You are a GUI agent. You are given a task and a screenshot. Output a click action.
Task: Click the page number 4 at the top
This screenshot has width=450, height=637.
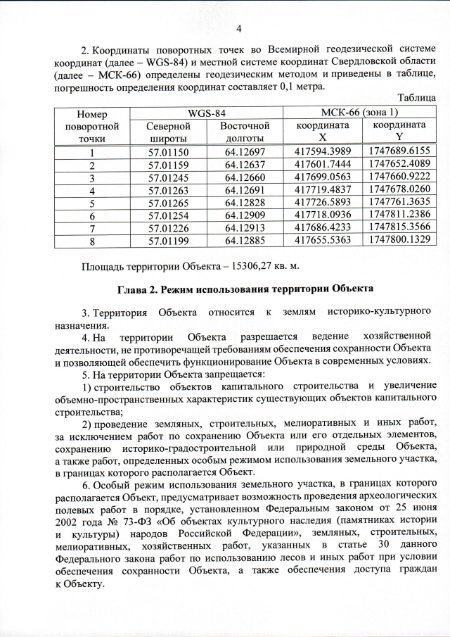[x=238, y=29]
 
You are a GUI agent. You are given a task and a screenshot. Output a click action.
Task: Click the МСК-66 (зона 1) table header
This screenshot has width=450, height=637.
[x=359, y=113]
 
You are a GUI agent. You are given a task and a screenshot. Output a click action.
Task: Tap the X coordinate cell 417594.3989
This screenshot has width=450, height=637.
[x=322, y=153]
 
